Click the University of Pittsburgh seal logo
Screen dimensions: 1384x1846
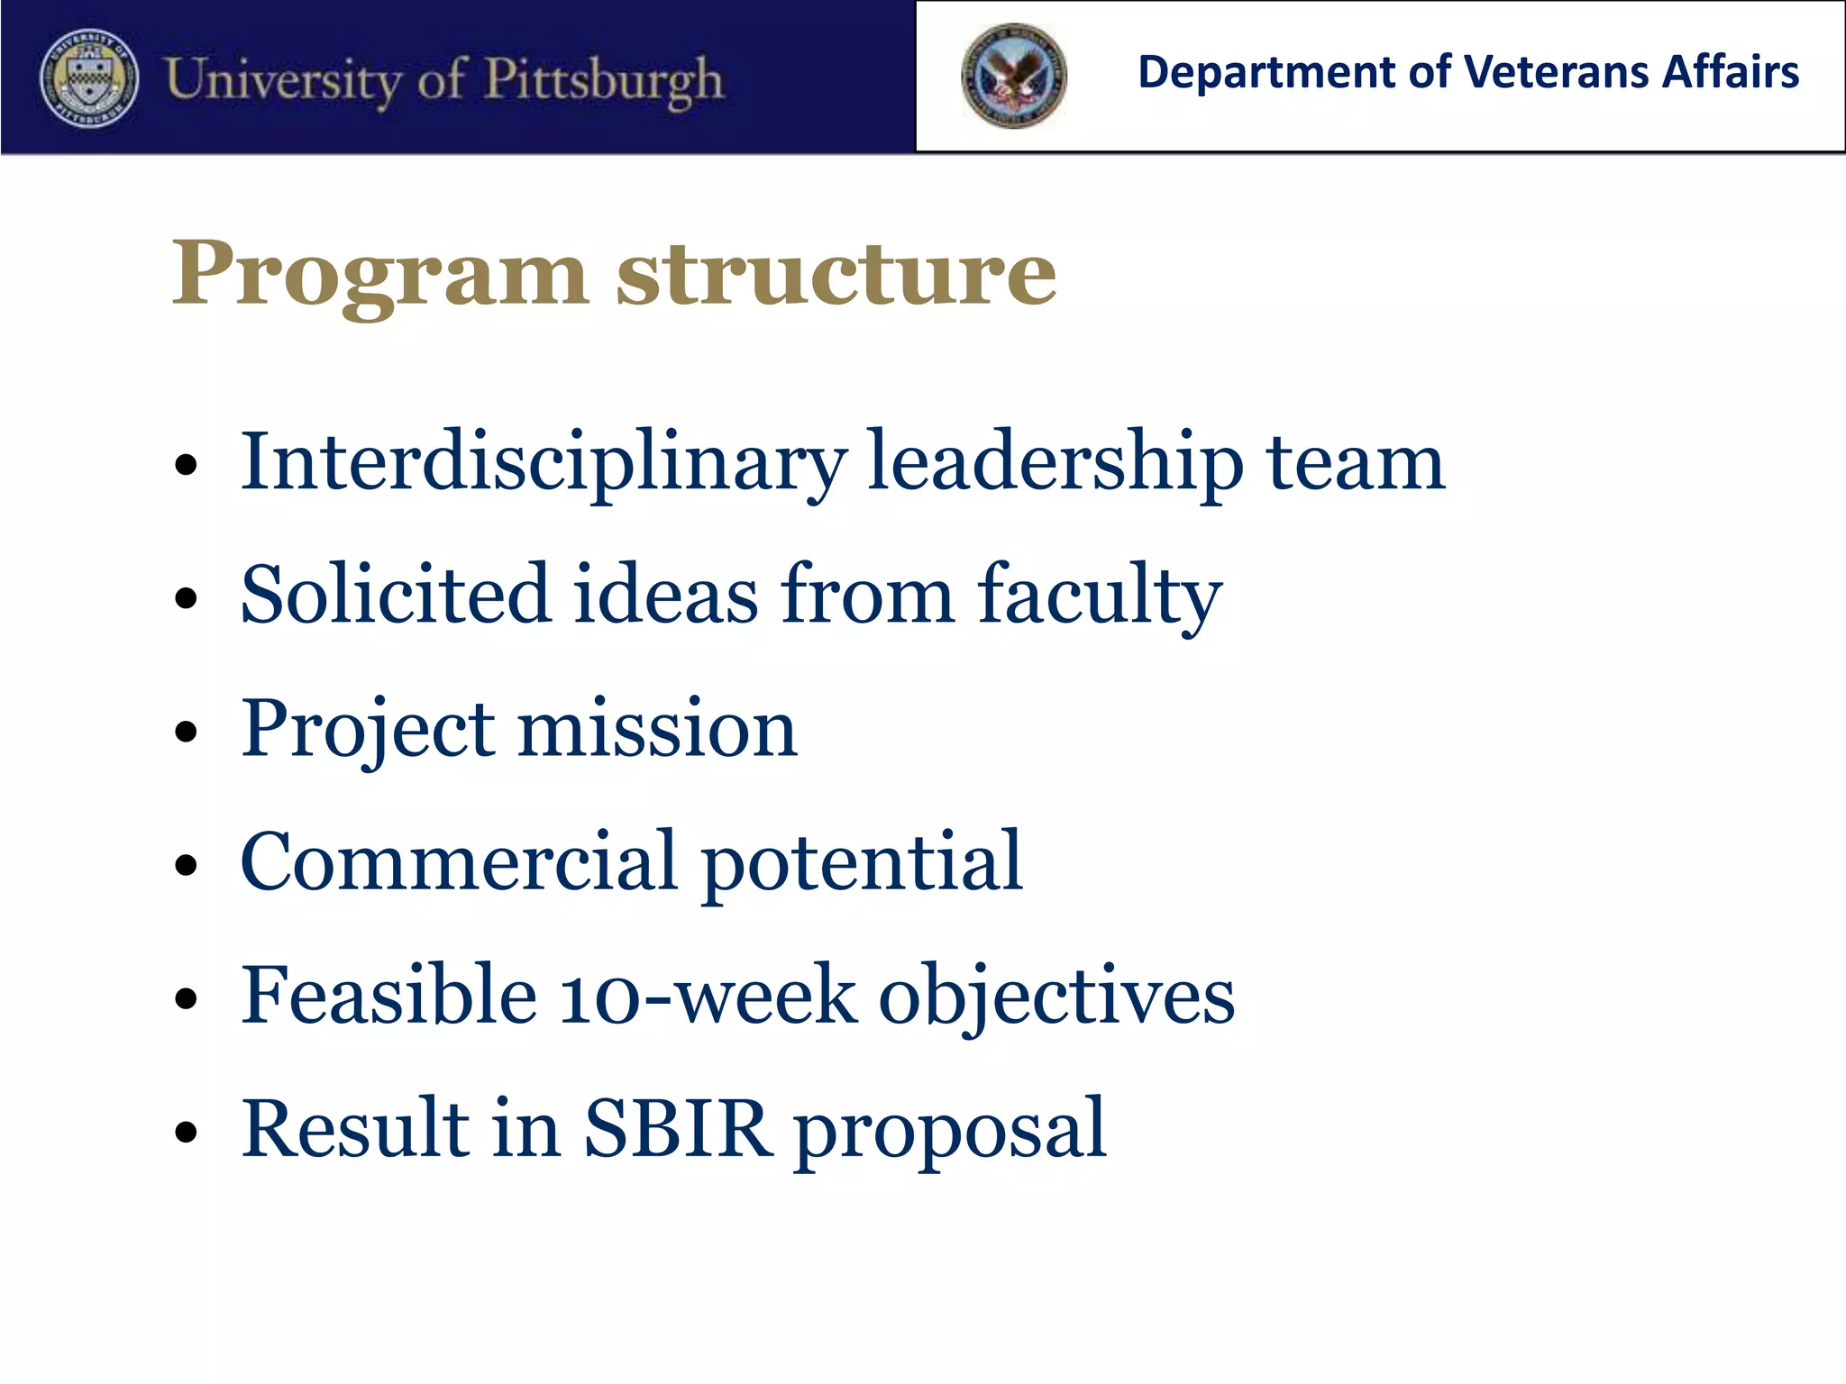click(x=89, y=78)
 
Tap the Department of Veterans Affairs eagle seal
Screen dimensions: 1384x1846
click(x=1013, y=77)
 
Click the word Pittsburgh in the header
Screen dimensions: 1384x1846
click(x=603, y=80)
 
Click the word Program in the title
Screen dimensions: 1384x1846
click(x=379, y=273)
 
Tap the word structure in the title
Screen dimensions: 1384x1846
click(x=836, y=273)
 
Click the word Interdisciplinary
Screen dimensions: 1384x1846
click(x=543, y=464)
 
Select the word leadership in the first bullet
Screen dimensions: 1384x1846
click(x=1055, y=464)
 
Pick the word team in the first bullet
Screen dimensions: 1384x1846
click(x=1355, y=464)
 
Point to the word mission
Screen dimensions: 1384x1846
click(x=657, y=729)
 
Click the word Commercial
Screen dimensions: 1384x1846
click(x=458, y=862)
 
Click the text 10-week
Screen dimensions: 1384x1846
click(x=707, y=997)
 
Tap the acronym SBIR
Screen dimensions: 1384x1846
click(x=678, y=1128)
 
